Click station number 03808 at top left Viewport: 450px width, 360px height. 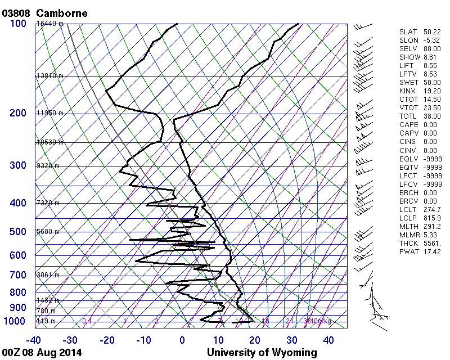tap(17, 12)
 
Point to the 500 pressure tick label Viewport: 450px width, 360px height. tap(18, 232)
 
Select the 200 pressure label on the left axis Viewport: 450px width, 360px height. tap(18, 113)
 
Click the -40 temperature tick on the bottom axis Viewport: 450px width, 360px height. tap(34, 340)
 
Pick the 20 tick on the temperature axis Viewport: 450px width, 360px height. tap(255, 340)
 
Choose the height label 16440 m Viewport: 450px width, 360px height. tap(49, 24)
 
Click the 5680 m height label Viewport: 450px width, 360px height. tap(48, 232)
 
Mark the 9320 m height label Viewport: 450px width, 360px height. tap(48, 166)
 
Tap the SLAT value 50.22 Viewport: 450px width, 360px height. tap(431, 32)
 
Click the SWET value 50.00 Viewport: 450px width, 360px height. tap(431, 83)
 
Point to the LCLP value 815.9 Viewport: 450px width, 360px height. tap(431, 218)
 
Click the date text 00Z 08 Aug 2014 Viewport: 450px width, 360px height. tap(42, 353)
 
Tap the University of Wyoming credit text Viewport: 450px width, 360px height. tap(262, 353)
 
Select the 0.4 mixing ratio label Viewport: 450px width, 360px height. tap(87, 321)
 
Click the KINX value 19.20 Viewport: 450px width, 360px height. tap(431, 91)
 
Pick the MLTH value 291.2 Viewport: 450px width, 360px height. tap(431, 227)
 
